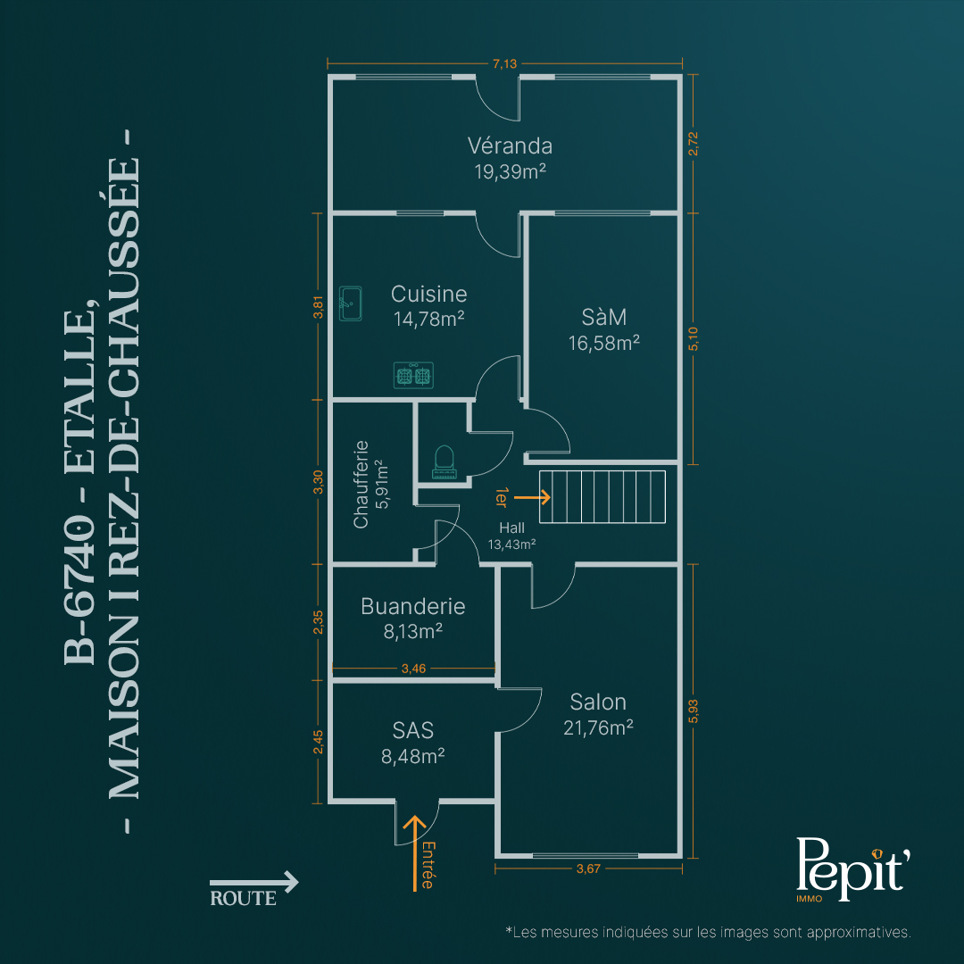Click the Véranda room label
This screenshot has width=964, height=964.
(x=510, y=146)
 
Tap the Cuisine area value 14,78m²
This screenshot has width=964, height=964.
(x=428, y=319)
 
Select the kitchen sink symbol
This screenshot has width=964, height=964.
(x=351, y=303)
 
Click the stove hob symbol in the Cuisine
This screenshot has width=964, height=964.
(x=414, y=375)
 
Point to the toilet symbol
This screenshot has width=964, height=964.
(x=444, y=462)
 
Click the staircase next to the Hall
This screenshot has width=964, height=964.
(x=602, y=497)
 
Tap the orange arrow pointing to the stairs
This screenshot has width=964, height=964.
(x=532, y=497)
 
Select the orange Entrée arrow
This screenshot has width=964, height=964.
(x=414, y=852)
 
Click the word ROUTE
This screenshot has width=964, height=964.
(x=243, y=898)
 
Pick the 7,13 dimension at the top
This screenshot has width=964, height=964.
(x=504, y=63)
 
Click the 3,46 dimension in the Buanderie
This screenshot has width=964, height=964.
(x=413, y=669)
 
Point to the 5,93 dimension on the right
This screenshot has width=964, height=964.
(x=693, y=711)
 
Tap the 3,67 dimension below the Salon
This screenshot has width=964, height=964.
(x=588, y=868)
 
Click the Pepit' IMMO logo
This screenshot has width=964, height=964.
(x=852, y=869)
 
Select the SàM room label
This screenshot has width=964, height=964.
(x=603, y=317)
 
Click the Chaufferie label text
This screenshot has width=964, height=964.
(x=361, y=484)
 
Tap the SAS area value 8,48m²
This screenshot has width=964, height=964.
(x=412, y=756)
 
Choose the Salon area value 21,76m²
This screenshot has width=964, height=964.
(x=598, y=728)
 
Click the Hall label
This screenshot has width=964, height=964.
(x=511, y=528)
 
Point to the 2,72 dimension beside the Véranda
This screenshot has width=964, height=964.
(x=693, y=144)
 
